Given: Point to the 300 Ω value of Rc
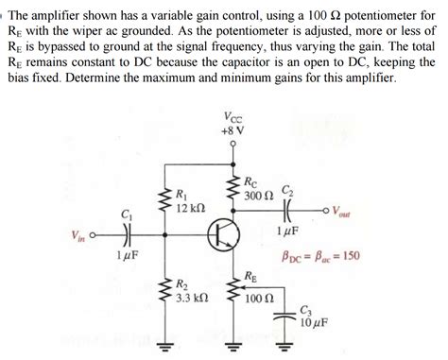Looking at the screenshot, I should (257, 196).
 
